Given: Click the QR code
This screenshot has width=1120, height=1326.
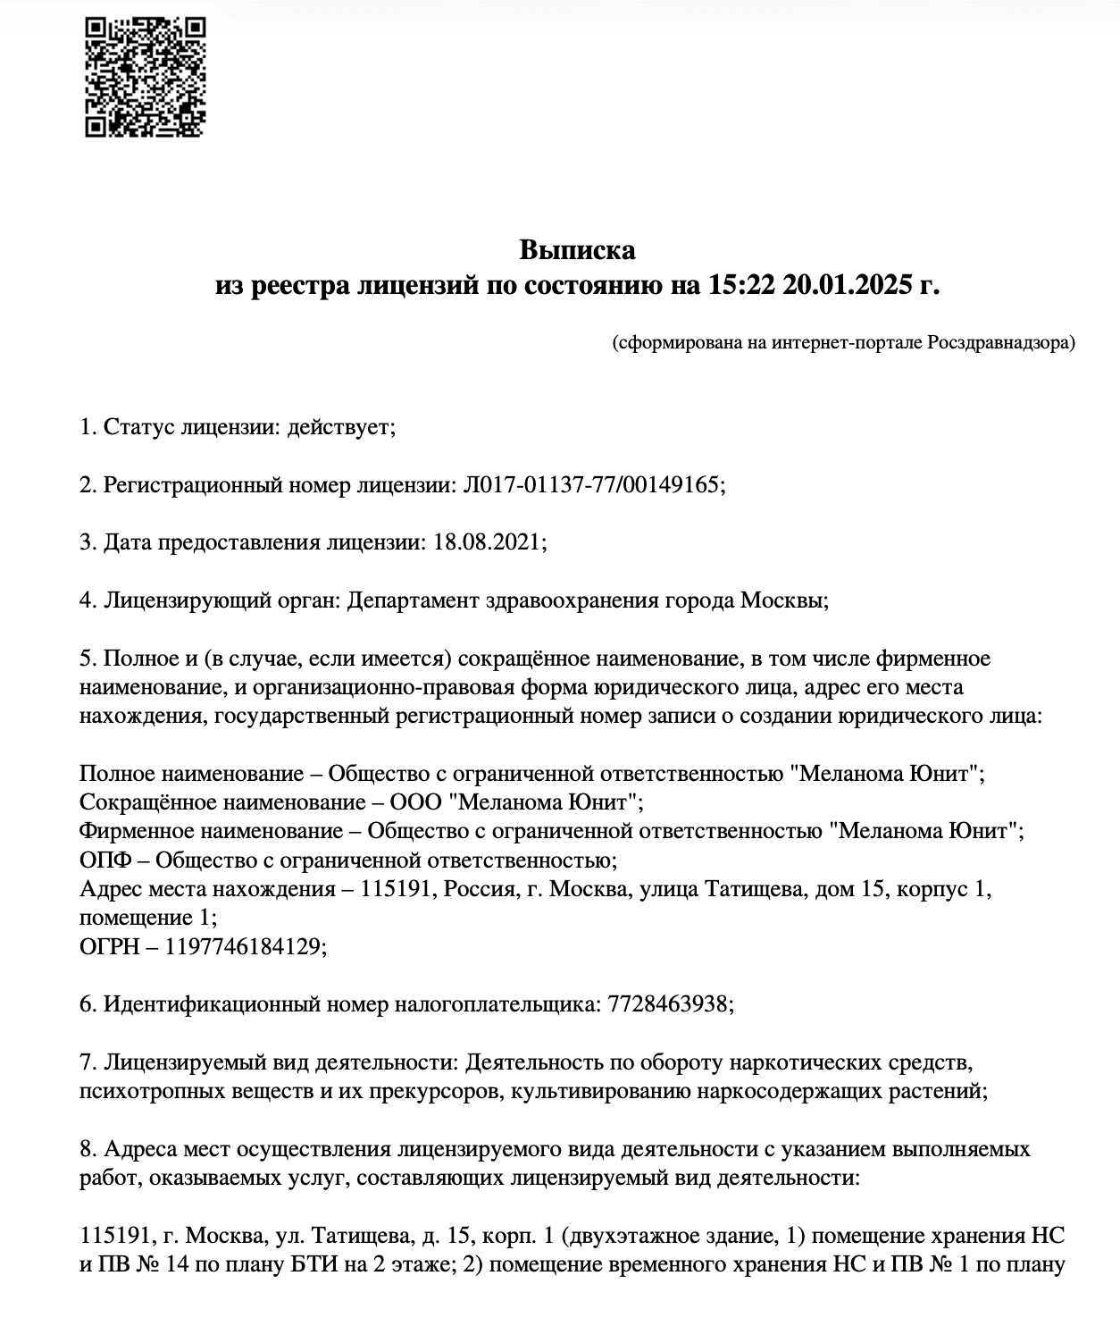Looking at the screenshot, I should coord(146,78).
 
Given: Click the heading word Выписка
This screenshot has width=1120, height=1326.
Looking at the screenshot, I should coord(578,249).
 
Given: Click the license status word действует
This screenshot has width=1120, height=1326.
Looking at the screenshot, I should coord(339,427).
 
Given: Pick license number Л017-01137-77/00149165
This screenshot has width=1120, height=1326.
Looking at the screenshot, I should coord(590,485).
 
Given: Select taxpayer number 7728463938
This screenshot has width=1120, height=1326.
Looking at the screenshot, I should coord(668,1004).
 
